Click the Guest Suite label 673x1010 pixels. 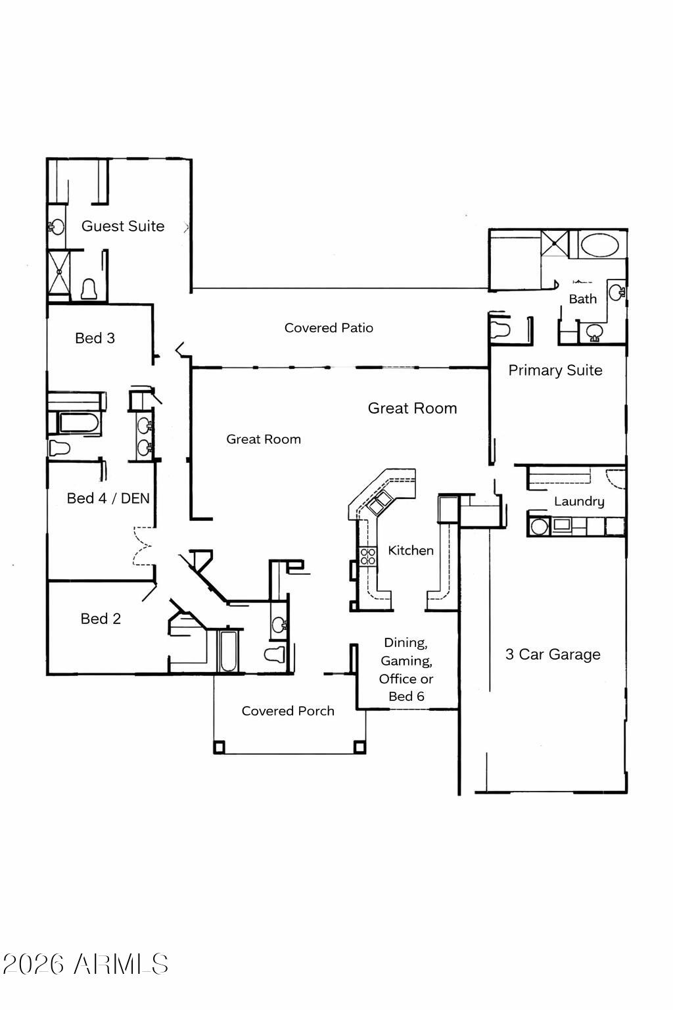pos(123,226)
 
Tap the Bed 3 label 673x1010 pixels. pos(95,338)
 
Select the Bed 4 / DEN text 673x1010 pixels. pos(108,498)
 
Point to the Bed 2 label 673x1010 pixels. pos(101,619)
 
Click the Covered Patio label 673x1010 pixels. pos(329,327)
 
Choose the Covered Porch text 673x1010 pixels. pos(288,711)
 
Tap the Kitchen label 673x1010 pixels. pos(411,550)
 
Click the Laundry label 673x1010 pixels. pos(579,501)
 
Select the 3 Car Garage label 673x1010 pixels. pos(553,654)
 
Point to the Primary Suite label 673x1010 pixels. pos(555,370)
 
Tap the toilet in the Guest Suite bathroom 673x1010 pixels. pos(89,289)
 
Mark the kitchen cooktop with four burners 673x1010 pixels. pos(367,556)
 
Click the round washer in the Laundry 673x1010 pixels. pos(540,526)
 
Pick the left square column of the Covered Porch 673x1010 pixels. pos(220,747)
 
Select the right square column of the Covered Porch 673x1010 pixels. pos(360,747)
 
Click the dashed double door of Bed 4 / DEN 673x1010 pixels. pos(143,546)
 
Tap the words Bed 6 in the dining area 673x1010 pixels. pos(406,696)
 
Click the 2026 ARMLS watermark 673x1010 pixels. pos(85,965)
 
